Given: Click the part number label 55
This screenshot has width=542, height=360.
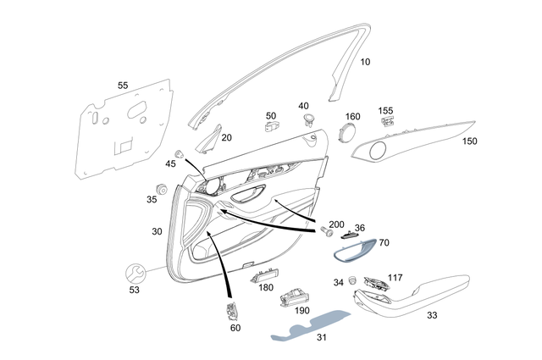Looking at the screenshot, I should [123, 86].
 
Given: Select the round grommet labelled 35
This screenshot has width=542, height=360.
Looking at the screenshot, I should [159, 187].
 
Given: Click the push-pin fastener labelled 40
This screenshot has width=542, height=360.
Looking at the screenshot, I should [306, 120].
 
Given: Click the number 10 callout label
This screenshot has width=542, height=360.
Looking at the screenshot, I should [365, 63].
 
